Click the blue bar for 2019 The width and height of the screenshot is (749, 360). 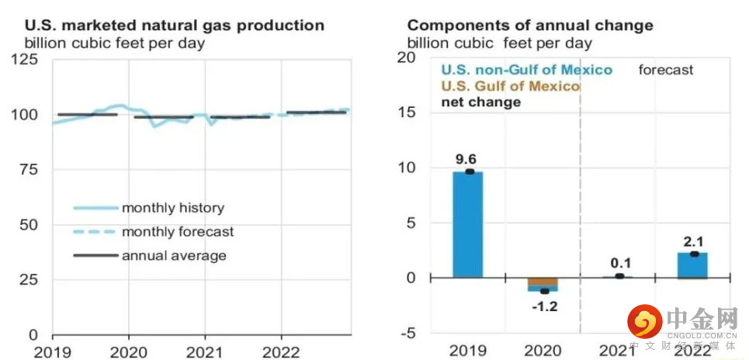pos(468,225)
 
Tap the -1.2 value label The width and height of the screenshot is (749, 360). pos(544,306)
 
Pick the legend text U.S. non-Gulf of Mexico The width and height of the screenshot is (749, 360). pos(527,70)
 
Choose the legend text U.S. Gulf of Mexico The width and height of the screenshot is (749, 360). pos(510,86)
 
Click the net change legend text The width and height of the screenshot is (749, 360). pos(480,102)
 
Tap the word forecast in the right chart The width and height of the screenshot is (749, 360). pos(666,70)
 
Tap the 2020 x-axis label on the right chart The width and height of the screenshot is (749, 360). pos(544,349)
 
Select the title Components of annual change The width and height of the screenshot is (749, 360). pos(530,26)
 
